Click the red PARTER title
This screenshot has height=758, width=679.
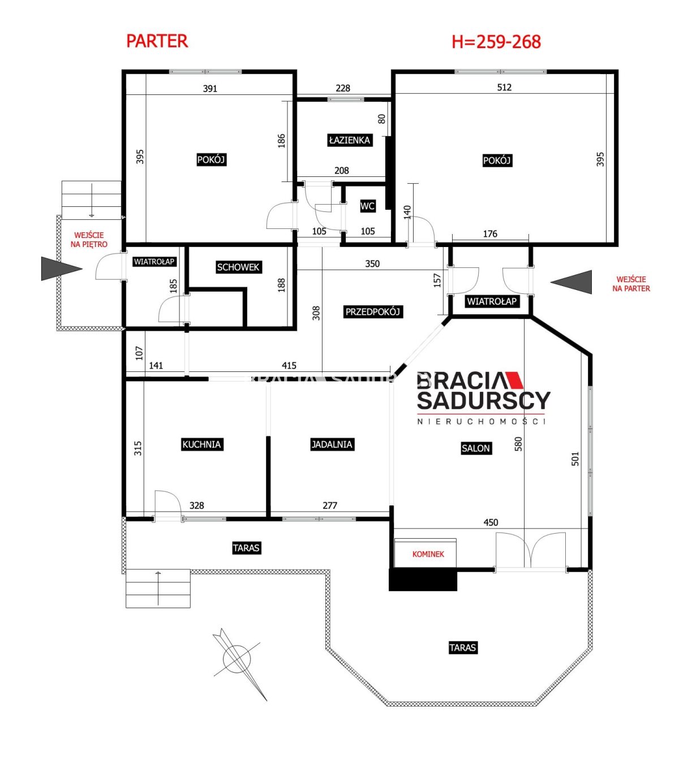(157, 41)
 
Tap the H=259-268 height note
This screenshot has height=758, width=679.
(496, 41)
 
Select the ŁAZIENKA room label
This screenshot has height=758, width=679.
(350, 140)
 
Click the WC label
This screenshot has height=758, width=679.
(367, 206)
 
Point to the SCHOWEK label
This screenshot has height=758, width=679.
(238, 267)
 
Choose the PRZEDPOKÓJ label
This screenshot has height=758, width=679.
(373, 311)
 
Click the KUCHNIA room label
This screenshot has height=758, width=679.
(201, 444)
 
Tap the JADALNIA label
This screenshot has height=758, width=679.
(332, 444)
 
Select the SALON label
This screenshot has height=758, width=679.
(476, 448)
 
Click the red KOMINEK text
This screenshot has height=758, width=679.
(428, 554)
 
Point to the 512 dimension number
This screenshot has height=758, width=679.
(504, 87)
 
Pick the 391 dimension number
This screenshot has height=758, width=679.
(210, 89)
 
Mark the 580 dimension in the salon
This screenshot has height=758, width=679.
(518, 444)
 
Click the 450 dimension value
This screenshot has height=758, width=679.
(491, 522)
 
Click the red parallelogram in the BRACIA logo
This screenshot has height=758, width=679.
(513, 380)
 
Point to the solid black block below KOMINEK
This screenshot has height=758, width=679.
(423, 579)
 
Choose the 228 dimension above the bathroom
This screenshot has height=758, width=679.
(343, 88)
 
